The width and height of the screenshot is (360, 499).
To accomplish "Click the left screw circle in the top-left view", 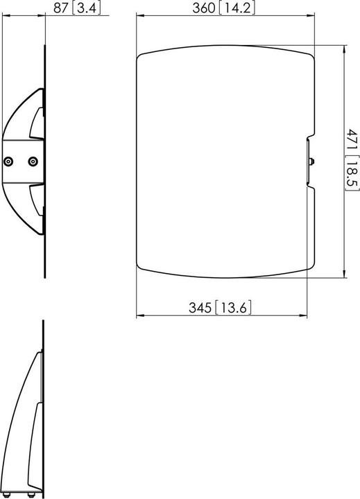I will [x=8, y=161].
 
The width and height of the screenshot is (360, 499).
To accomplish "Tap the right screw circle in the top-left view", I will [x=32, y=161].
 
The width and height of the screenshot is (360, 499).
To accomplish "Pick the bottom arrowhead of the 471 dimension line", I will [x=345, y=274].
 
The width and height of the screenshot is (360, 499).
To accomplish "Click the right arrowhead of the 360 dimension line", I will [x=314, y=20].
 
